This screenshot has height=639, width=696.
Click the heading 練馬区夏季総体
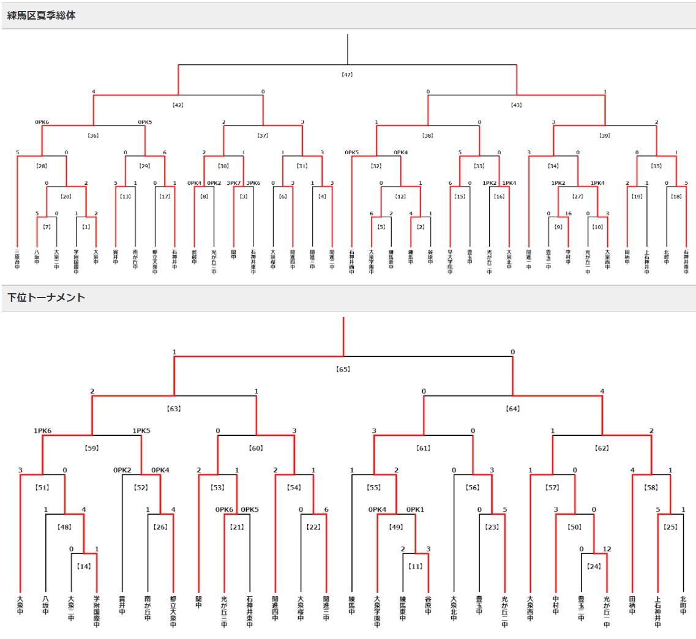[42, 15]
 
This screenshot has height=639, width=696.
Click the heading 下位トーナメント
[47, 297]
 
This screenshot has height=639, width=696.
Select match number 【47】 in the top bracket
[347, 75]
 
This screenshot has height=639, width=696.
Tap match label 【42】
[178, 105]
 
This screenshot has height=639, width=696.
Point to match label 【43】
[516, 105]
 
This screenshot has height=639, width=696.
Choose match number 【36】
[94, 135]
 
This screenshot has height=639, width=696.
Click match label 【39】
[605, 135]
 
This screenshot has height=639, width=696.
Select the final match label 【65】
[343, 369]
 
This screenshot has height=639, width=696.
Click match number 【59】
[92, 447]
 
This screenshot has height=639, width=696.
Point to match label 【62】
[602, 447]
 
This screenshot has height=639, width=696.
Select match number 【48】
[65, 526]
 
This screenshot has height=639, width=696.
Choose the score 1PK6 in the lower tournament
[42, 430]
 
